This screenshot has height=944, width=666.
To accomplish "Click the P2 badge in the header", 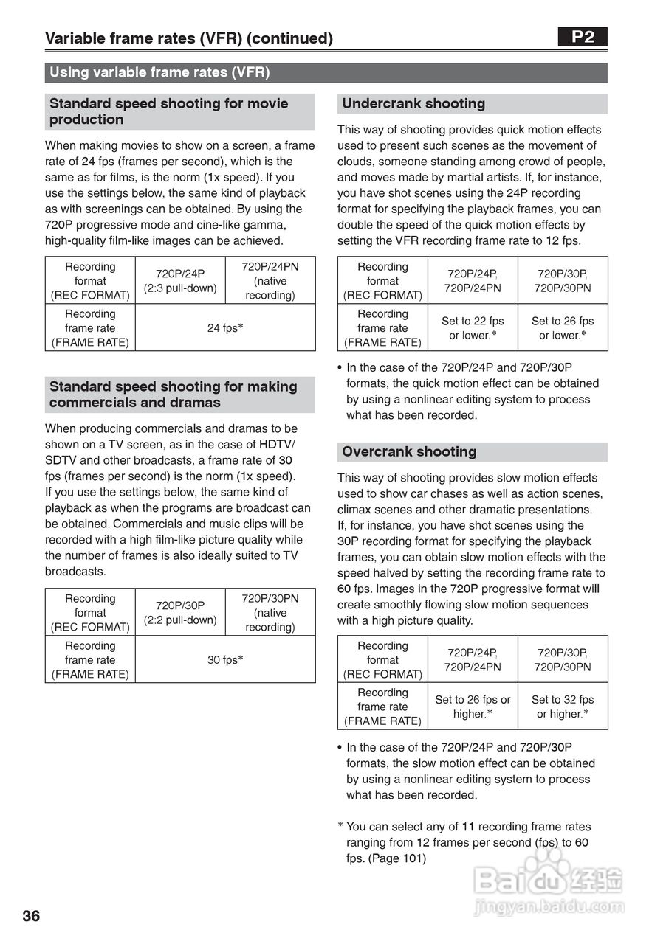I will click(583, 38).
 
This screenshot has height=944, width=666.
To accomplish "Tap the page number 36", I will click(32, 917).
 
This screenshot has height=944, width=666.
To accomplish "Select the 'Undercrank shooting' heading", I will click(413, 104).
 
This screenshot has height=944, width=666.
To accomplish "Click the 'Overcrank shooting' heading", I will click(409, 452).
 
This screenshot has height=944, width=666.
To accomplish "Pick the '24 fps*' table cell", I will click(225, 327).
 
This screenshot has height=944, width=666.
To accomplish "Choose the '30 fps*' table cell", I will click(225, 659).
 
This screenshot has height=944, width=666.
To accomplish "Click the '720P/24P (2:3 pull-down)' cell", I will click(180, 281).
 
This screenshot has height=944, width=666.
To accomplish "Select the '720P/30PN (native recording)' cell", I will click(270, 612).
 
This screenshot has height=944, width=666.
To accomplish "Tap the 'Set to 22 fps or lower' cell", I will click(473, 327).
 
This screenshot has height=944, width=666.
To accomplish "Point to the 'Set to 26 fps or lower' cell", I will click(563, 327).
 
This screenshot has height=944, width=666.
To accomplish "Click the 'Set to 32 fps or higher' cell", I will click(563, 707).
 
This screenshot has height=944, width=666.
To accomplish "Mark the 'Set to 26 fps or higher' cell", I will click(473, 707).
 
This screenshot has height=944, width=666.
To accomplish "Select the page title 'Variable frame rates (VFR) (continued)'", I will click(189, 38).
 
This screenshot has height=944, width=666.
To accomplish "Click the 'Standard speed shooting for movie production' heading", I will click(169, 111).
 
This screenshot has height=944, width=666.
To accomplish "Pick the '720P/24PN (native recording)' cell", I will click(270, 281).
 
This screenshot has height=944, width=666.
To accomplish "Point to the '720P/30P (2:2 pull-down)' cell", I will click(180, 612).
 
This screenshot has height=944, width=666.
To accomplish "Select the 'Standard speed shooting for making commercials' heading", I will click(174, 395).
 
